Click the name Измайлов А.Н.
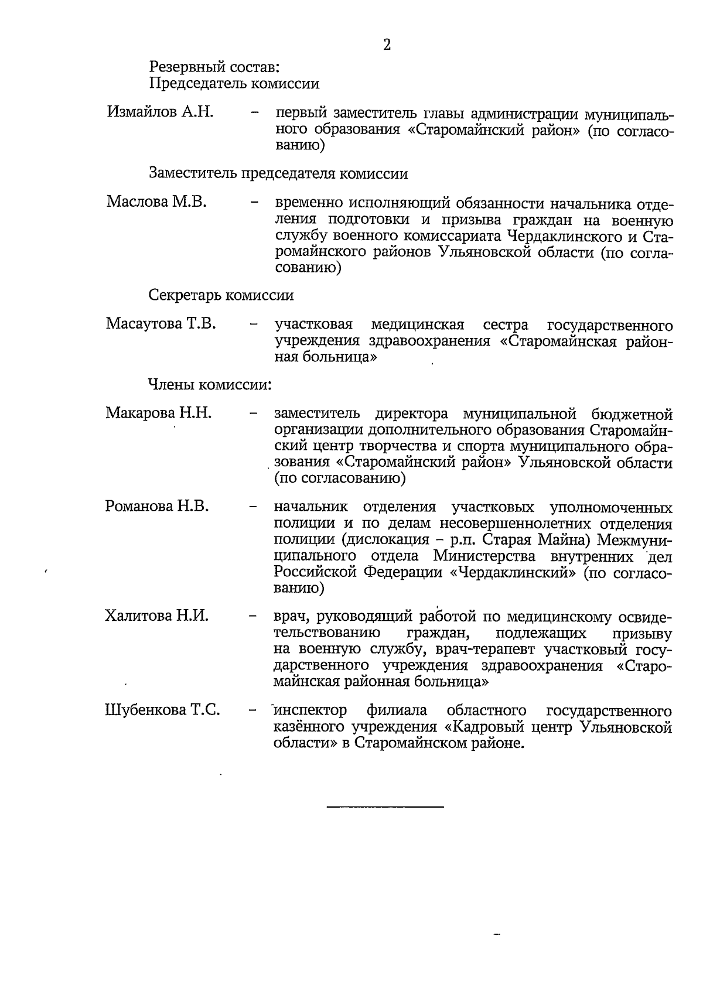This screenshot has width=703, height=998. tap(159, 111)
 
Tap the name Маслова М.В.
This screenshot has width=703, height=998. tap(156, 202)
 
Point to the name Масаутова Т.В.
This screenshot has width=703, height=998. tap(161, 323)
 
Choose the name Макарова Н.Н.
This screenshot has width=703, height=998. tap(158, 413)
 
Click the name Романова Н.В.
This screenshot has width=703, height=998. tap(157, 505)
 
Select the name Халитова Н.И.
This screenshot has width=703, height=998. tap(156, 616)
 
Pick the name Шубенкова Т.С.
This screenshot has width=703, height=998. tap(162, 710)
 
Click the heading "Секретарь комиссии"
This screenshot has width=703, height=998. tap(221, 295)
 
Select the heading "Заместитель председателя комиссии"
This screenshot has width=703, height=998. tap(278, 173)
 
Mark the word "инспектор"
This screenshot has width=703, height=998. tap(310, 711)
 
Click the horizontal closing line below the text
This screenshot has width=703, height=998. tap(385, 808)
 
